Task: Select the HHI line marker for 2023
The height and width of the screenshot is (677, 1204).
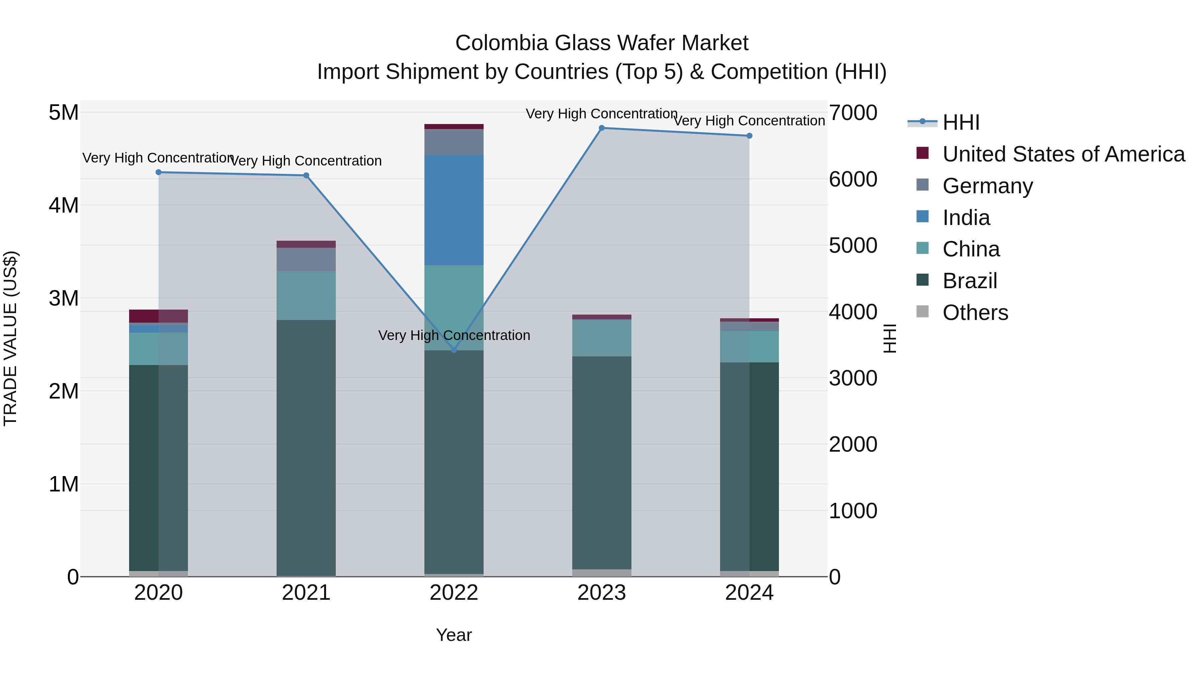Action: pyautogui.click(x=602, y=128)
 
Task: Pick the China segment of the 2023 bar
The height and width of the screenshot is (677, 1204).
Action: pyautogui.click(x=602, y=338)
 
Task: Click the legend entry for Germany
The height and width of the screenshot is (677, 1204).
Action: pyautogui.click(x=987, y=186)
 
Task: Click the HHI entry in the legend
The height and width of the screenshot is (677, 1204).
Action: pyautogui.click(x=961, y=122)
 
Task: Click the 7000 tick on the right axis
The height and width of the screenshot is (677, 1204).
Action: pyautogui.click(x=853, y=113)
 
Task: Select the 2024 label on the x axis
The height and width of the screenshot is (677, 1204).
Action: pyautogui.click(x=749, y=592)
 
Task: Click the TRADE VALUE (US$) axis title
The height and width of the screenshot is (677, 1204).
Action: pyautogui.click(x=10, y=338)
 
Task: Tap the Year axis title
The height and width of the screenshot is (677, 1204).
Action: pyautogui.click(x=454, y=635)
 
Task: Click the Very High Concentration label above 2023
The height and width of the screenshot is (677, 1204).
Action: pyautogui.click(x=602, y=114)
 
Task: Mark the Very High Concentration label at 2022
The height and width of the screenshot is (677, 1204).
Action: pyautogui.click(x=454, y=335)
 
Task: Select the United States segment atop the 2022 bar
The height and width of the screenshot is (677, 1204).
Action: pyautogui.click(x=454, y=126)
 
